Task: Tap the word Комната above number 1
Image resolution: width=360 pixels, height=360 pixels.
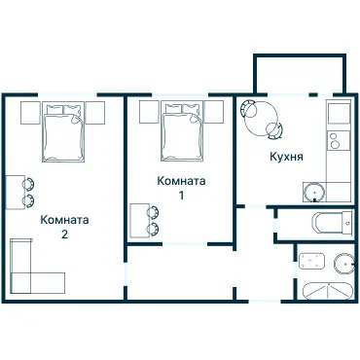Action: [180, 181]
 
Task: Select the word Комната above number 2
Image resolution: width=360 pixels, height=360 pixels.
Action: [64, 220]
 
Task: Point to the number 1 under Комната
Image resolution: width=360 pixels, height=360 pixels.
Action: [180, 196]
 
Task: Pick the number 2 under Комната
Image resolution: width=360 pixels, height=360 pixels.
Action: [64, 234]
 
